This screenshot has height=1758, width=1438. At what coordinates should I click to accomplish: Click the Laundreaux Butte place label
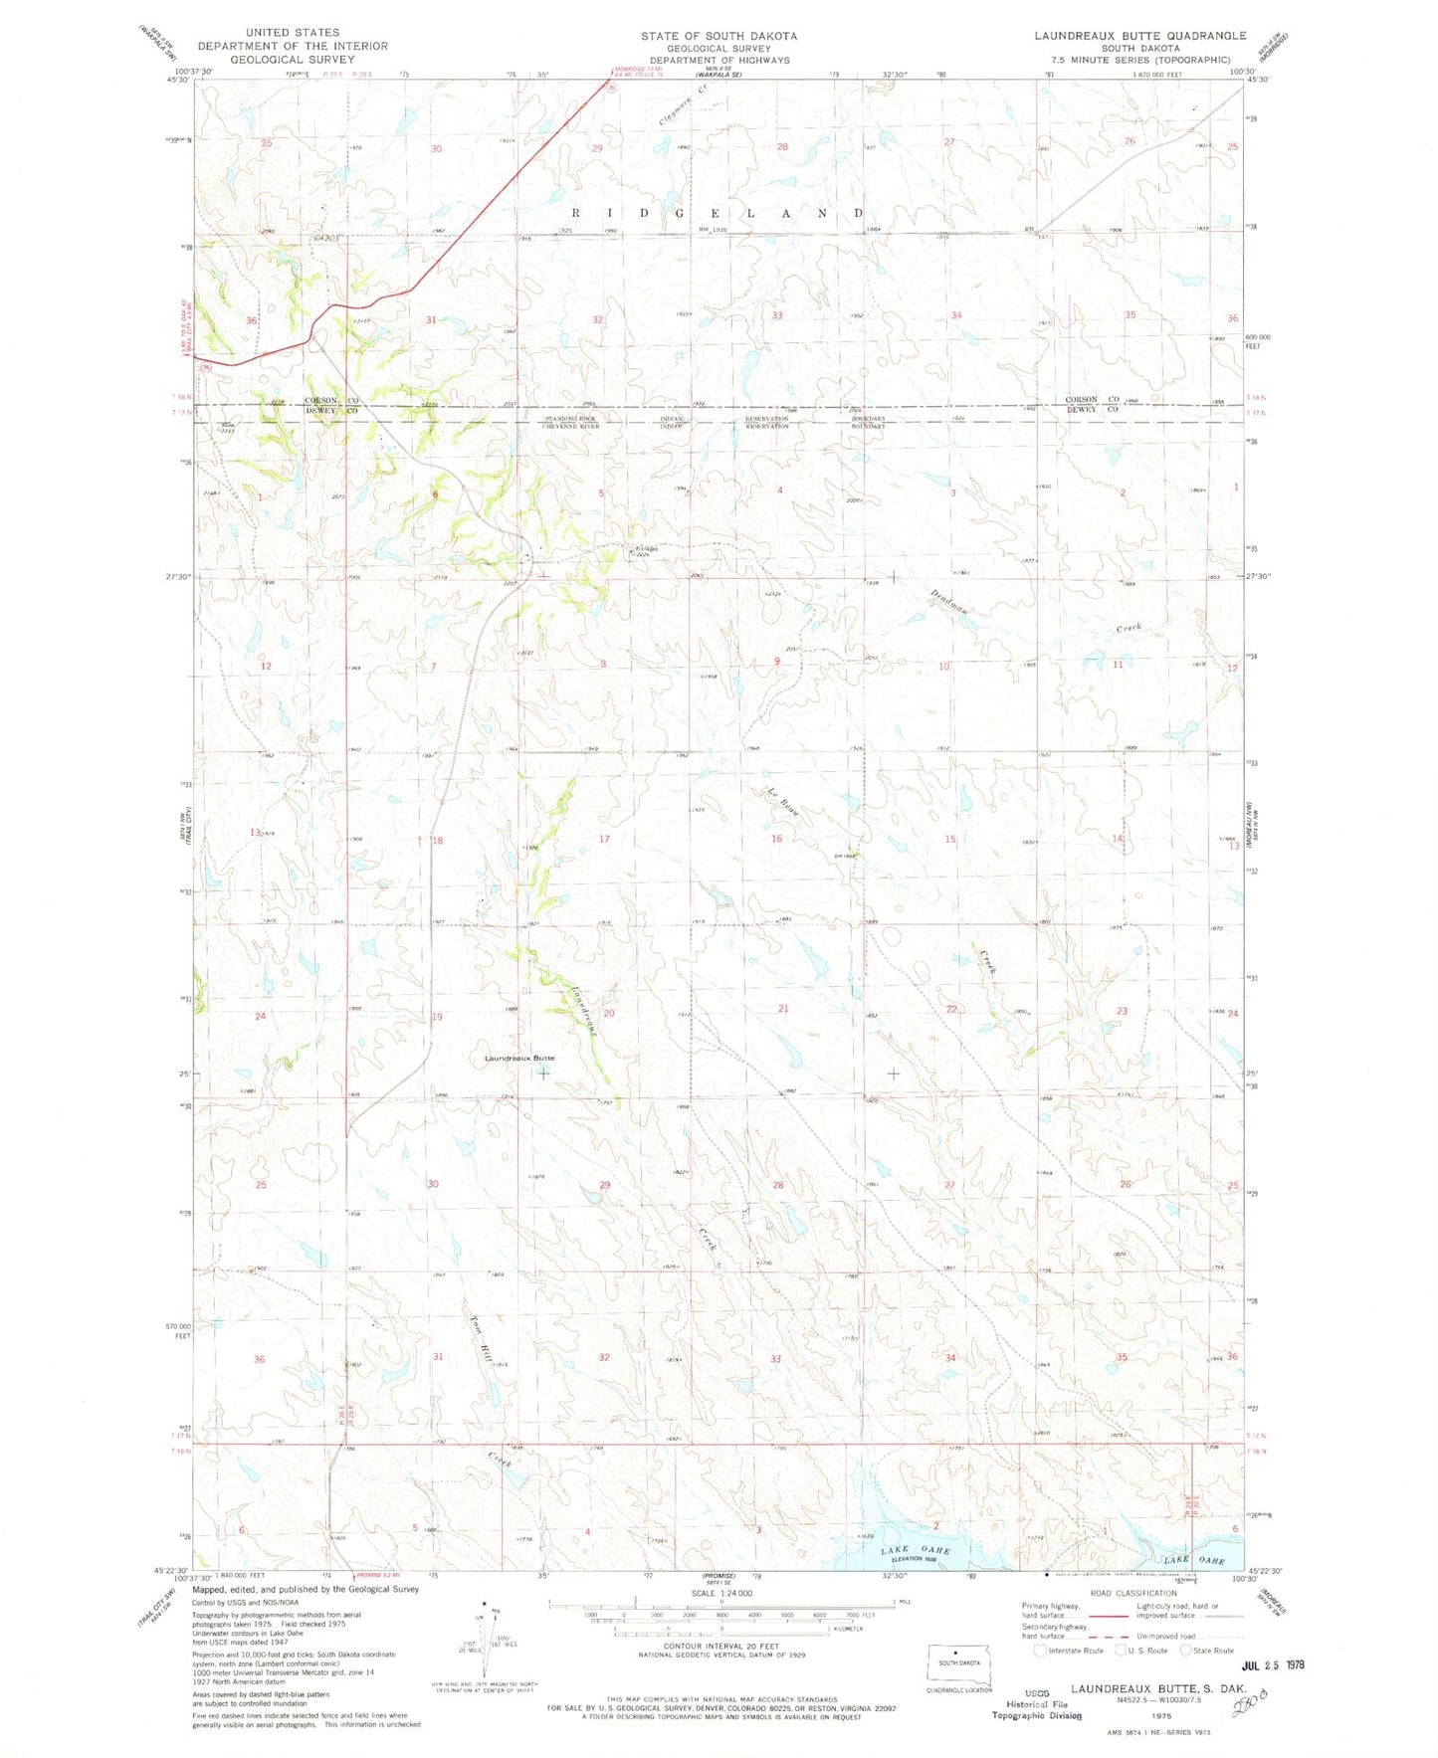tap(519, 1058)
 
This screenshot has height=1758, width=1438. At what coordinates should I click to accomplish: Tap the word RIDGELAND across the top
tap(719, 213)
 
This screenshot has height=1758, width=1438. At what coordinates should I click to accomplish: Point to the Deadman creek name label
tap(949, 604)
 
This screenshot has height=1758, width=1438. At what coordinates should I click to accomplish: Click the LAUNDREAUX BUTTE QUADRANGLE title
tap(1139, 35)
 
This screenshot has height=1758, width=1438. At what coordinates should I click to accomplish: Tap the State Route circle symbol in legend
tap(1186, 1650)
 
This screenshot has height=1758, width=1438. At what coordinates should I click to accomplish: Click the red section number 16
tap(776, 839)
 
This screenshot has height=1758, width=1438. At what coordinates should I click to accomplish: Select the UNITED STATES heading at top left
tap(294, 33)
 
